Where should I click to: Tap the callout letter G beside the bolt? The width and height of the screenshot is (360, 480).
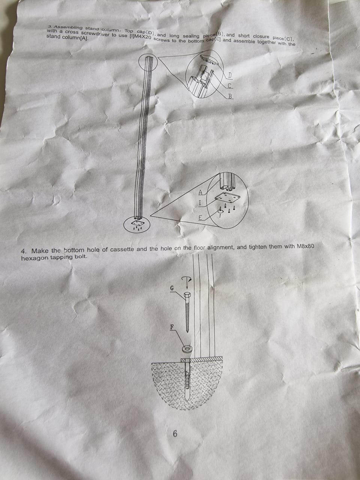click(172, 288)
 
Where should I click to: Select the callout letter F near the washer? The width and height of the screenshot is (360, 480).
click(172, 327)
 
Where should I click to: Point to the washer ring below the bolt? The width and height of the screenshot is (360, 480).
click(187, 348)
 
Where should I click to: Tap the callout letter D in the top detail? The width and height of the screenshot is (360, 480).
click(230, 76)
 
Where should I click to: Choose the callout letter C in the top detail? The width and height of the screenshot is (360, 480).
click(229, 86)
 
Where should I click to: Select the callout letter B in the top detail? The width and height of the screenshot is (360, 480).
click(230, 96)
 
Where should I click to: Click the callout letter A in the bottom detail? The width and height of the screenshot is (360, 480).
click(200, 192)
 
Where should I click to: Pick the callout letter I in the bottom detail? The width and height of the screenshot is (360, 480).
click(199, 203)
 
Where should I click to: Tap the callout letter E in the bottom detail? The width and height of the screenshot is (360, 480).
click(200, 218)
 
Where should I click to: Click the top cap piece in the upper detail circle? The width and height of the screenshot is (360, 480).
click(209, 59)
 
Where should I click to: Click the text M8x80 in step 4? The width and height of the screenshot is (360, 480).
click(306, 246)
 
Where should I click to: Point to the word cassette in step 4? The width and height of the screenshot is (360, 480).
click(121, 249)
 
